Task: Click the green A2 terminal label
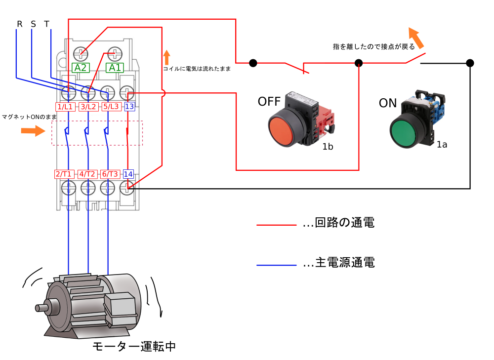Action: tap(81, 68)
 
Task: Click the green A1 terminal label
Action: tap(114, 68)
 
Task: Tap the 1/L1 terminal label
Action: tap(65, 107)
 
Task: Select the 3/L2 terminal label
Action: tap(88, 107)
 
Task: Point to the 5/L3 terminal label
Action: tap(111, 107)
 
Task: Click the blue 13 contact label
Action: tap(129, 107)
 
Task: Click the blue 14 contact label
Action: tap(128, 174)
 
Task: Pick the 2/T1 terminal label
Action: tap(64, 174)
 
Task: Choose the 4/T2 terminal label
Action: tap(87, 174)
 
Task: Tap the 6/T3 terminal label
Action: tap(110, 174)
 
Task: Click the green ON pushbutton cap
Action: tap(404, 132)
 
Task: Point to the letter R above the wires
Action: tap(20, 24)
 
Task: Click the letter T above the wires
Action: tap(47, 24)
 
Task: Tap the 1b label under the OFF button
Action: tap(328, 147)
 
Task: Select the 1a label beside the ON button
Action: tap(442, 144)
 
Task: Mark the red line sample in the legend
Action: tap(276, 225)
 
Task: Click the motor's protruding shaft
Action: tap(41, 307)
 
